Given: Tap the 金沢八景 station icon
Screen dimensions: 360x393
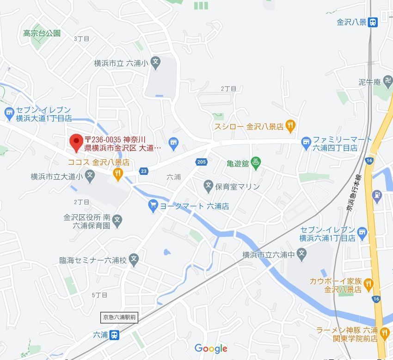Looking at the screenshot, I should tap(373, 22).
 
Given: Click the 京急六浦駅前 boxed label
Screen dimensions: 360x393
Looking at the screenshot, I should tap(119, 317).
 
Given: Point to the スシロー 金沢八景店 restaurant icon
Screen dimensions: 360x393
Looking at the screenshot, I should tap(290, 125).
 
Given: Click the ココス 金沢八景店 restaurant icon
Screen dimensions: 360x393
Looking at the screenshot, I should tap(118, 174).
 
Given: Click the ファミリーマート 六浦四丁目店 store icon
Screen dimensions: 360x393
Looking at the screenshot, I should tap(306, 143).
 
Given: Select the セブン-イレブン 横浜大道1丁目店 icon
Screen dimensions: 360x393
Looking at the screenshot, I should tap(9, 112).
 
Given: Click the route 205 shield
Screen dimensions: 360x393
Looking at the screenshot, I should tap(201, 161).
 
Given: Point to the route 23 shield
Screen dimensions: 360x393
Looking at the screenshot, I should tap(144, 171).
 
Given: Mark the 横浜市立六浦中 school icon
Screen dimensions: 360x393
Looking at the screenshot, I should tap(301, 253).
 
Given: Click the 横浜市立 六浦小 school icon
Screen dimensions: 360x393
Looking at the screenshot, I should tap(156, 61).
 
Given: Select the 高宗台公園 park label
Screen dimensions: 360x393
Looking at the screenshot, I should tap(42, 33).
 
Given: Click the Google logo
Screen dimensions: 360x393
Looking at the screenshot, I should tap(211, 348).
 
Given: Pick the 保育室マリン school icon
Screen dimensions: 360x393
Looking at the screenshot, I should tap(209, 186).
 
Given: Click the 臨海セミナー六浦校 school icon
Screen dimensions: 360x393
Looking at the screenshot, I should tap(134, 258).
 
